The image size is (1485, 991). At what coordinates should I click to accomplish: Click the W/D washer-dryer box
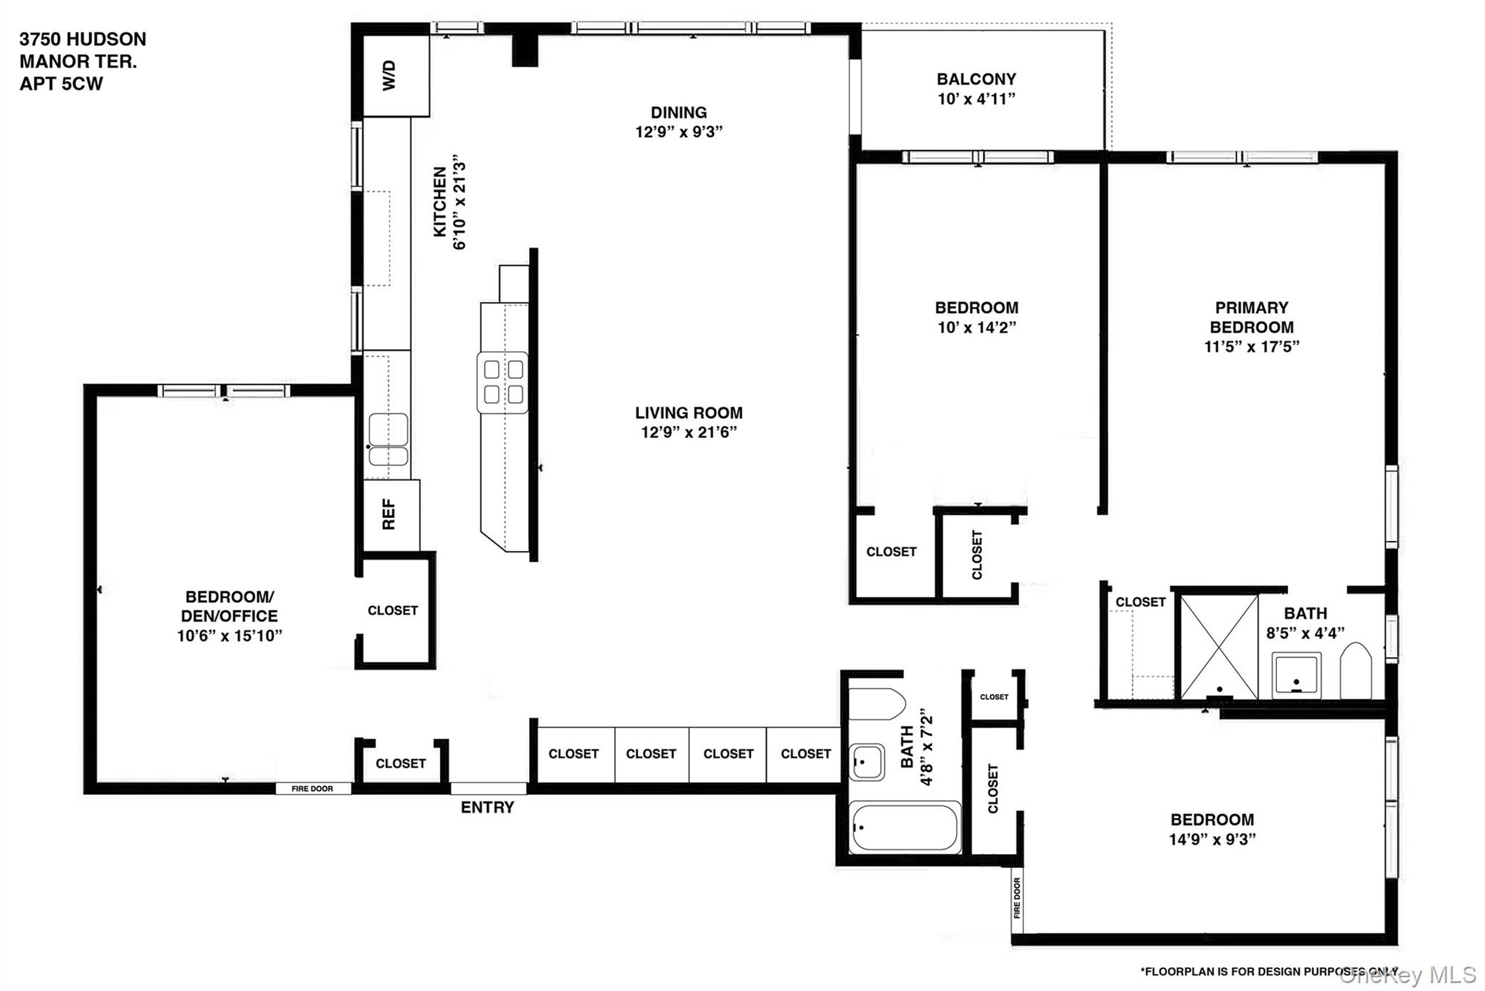pos(396,77)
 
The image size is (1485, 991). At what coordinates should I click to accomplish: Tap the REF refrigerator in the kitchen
pos(391,515)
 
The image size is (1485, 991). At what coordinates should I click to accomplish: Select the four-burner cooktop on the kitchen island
pos(503,382)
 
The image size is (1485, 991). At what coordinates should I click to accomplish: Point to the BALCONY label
pos(976,79)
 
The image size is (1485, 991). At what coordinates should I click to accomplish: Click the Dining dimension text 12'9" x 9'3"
pos(678,132)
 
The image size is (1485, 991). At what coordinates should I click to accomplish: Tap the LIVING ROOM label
pos(689,414)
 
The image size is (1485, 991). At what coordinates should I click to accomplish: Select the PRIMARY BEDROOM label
pos(1251,318)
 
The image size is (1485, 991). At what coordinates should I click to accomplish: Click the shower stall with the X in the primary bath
pos(1219,646)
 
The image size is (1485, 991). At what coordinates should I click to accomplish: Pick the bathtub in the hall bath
pos(905,828)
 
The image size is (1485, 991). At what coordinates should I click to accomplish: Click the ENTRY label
pos(487,808)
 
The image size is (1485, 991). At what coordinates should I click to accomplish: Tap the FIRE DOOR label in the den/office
pos(312,788)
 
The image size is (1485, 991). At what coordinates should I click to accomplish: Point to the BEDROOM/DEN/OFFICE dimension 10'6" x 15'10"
pos(229,636)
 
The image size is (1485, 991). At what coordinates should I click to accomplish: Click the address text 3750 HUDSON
pos(83,39)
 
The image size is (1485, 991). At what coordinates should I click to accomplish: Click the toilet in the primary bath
pos(1356,671)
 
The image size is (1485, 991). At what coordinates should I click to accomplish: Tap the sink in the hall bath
pos(867,762)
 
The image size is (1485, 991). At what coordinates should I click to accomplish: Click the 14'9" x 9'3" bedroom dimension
pos(1212,839)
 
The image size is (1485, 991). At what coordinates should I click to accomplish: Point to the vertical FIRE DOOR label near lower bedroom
pos(1017,897)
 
